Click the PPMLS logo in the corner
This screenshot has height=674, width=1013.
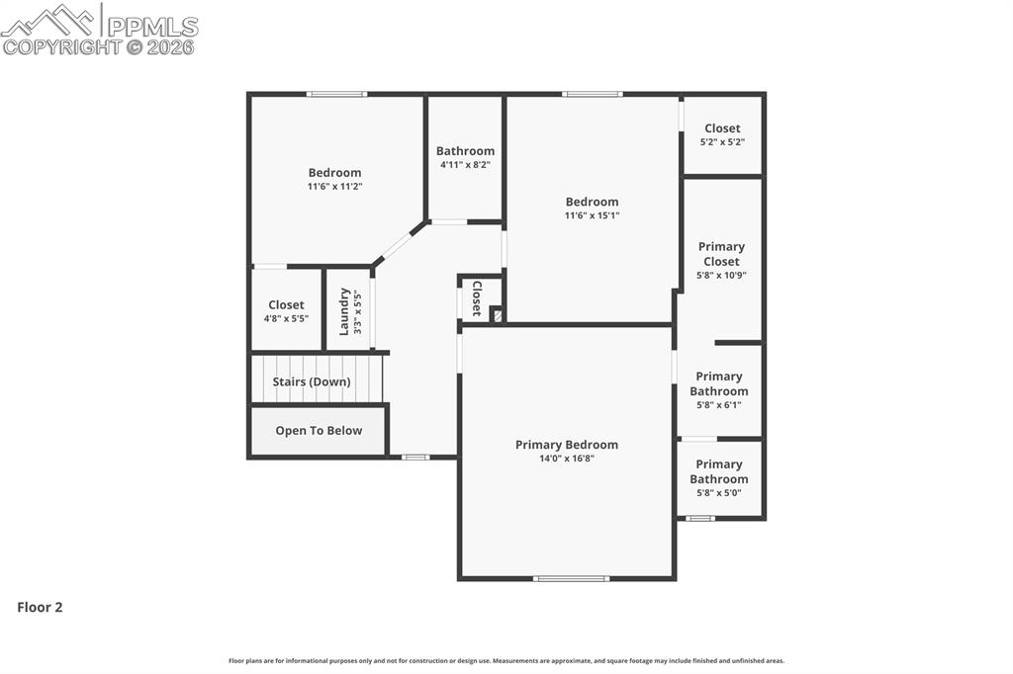99,30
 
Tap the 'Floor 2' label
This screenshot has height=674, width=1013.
40,608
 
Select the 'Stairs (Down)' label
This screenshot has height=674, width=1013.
312,381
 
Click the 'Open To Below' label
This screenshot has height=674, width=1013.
319,431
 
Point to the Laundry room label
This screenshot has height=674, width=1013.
344,310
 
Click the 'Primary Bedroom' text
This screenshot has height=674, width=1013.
566,445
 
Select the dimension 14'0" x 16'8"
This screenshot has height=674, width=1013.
566,459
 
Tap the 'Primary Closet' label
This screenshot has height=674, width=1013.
721,254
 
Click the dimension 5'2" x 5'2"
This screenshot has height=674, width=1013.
722,142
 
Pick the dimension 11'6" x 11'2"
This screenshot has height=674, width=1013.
334,186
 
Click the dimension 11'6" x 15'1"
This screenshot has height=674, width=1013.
592,215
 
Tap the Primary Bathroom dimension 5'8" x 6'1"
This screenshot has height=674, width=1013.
719,405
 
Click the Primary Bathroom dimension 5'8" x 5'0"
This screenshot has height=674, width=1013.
719,493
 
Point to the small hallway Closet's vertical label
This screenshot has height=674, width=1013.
477,297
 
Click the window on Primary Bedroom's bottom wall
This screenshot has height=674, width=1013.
571,578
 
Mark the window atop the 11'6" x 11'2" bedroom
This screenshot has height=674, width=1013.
336,94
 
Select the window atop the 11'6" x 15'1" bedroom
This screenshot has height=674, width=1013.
593,94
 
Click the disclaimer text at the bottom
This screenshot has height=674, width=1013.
506,661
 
